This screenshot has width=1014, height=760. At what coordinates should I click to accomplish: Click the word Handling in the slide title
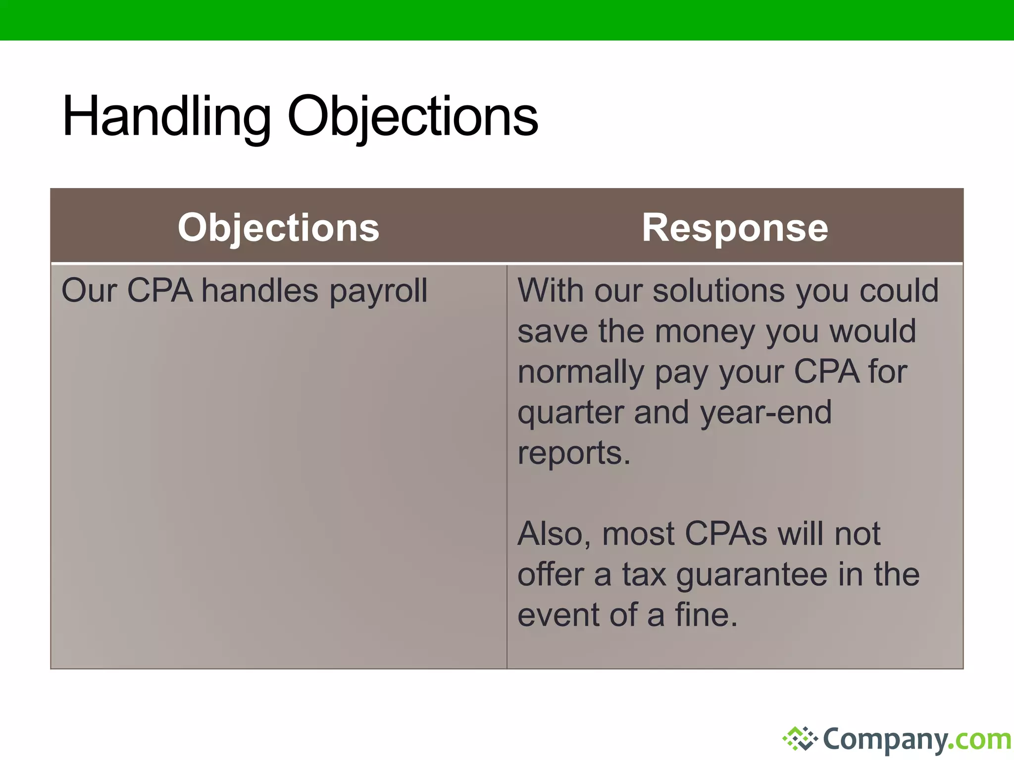(166, 117)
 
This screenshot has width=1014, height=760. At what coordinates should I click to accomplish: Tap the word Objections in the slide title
(412, 117)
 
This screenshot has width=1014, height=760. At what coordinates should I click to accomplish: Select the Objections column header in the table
(278, 228)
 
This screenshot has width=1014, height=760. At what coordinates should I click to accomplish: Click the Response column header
(735, 228)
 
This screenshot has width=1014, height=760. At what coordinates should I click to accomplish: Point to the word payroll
(378, 292)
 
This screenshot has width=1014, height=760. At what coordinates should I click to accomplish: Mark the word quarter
(570, 413)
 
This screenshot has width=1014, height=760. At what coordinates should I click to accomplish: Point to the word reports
(573, 454)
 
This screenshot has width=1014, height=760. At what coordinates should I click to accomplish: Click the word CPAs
(726, 534)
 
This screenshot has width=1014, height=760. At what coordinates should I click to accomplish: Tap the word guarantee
(750, 576)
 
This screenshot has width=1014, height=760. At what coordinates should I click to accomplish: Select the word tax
(644, 575)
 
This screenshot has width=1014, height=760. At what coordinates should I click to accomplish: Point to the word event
(558, 616)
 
